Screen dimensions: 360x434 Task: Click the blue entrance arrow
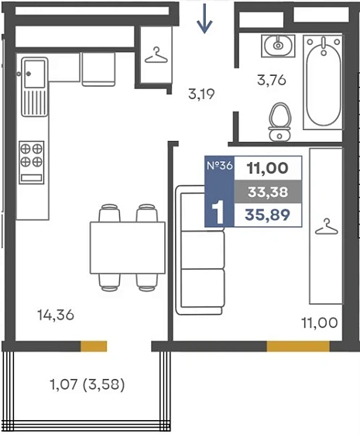[x=204, y=19]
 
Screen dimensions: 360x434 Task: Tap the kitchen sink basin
[x=35, y=74]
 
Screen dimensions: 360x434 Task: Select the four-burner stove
[x=32, y=162]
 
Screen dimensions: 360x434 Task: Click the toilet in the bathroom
[x=279, y=122]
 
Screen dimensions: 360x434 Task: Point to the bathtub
[x=323, y=82]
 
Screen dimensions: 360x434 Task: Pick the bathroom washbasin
[x=278, y=46]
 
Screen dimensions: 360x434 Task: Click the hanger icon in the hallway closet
[x=156, y=55]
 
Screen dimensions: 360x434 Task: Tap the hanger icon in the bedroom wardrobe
[x=327, y=226]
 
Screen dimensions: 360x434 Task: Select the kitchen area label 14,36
[x=56, y=315]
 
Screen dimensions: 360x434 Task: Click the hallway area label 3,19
[x=201, y=94]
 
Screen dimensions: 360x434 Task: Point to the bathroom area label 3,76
[x=272, y=81]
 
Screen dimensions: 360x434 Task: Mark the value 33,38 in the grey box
[x=268, y=192]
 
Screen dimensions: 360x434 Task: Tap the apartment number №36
[x=220, y=166]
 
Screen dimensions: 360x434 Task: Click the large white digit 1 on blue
[x=218, y=212]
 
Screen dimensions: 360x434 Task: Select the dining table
[x=128, y=248]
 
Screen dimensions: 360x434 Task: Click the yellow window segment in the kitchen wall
[x=94, y=346]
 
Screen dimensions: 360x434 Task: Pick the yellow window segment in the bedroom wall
[x=298, y=346]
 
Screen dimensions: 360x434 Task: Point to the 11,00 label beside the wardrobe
[x=320, y=322]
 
